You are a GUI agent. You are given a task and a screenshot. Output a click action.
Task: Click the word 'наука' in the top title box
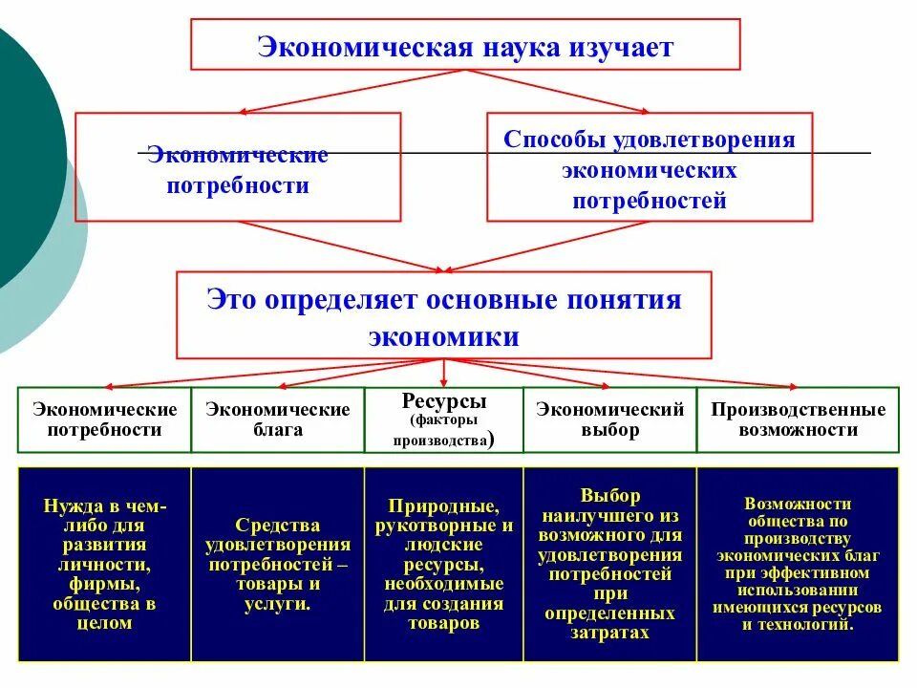point(523,47)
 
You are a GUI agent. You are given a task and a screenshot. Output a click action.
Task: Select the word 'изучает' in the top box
point(628,47)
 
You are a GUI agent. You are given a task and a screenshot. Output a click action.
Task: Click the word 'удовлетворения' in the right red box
point(700,140)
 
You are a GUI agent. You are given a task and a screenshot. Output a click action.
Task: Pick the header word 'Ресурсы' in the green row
point(444,400)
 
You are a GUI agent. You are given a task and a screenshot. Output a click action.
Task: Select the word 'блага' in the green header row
point(277,430)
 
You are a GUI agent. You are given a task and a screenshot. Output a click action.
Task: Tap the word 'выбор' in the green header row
point(609,430)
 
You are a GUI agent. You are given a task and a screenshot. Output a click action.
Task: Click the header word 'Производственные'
point(798,410)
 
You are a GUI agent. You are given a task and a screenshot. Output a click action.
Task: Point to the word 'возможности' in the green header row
point(798,430)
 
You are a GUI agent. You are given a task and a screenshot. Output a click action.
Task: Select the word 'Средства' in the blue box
point(277,526)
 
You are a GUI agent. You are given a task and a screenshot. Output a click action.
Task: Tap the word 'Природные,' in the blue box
point(442,506)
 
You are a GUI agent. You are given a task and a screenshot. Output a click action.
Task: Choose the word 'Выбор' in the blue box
point(609,496)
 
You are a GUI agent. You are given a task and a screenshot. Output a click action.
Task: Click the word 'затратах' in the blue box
point(609,633)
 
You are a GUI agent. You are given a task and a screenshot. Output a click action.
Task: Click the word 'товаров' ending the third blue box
point(442,623)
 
